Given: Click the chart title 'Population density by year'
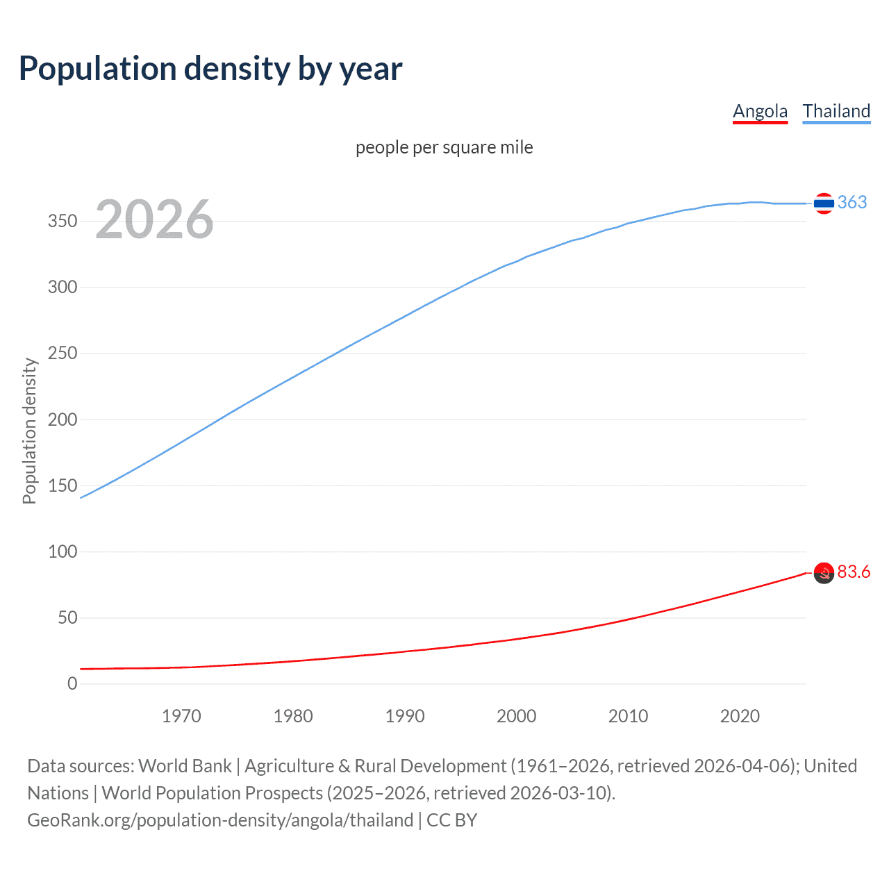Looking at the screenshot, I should click(210, 69).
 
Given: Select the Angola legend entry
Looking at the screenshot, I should click(760, 111).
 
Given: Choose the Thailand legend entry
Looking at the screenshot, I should click(836, 111).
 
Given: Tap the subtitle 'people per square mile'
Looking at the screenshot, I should click(444, 147).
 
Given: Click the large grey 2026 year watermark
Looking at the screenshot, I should click(154, 219).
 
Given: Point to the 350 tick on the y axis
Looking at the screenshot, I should click(63, 221).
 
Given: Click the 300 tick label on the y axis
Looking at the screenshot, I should click(63, 287).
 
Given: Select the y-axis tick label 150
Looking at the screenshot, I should click(63, 485).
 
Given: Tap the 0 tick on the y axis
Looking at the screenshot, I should click(72, 684).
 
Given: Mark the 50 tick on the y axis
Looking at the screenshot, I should click(67, 617).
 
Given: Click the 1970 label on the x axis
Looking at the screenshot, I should click(181, 716).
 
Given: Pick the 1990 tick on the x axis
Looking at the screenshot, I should click(405, 716).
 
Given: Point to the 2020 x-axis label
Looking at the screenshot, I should click(740, 716).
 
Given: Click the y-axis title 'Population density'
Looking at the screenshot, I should click(29, 431).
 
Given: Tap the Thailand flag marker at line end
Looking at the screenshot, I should click(824, 203).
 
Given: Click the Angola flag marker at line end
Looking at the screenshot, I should click(824, 573).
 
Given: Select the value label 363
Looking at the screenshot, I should click(852, 202).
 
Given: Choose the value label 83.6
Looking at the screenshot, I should click(854, 572).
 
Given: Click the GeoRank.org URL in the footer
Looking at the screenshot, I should click(220, 820).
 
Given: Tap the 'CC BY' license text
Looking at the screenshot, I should click(452, 820).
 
